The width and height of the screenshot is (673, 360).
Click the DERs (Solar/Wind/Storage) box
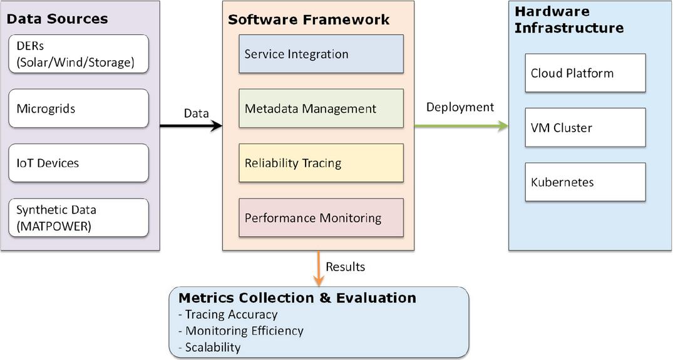click(x=78, y=54)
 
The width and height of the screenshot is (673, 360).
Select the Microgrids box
click(x=78, y=108)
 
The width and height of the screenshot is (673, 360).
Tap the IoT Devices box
click(x=78, y=163)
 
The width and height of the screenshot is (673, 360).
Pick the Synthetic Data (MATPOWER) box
click(x=78, y=217)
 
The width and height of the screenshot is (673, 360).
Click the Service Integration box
click(x=321, y=54)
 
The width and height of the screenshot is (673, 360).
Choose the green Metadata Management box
click(x=321, y=108)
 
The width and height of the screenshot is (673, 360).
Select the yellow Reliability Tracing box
click(x=321, y=163)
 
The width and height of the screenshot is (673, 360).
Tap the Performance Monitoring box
click(x=321, y=217)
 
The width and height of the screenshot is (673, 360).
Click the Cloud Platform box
click(x=585, y=73)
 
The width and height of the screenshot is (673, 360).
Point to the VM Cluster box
click(x=585, y=128)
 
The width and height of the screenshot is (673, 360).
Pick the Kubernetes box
click(x=585, y=182)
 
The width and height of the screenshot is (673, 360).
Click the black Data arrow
click(x=191, y=126)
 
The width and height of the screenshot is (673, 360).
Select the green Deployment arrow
click(x=461, y=126)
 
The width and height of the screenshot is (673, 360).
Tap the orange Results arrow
click(x=319, y=268)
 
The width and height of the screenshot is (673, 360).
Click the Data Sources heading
click(x=57, y=19)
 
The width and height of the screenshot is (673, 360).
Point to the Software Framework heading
click(x=309, y=20)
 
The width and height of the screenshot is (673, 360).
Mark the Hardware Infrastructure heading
click(x=569, y=20)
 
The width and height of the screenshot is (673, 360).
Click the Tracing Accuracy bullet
click(x=228, y=314)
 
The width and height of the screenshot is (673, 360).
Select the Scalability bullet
click(x=210, y=347)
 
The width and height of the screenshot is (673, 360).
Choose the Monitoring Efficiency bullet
click(x=241, y=331)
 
